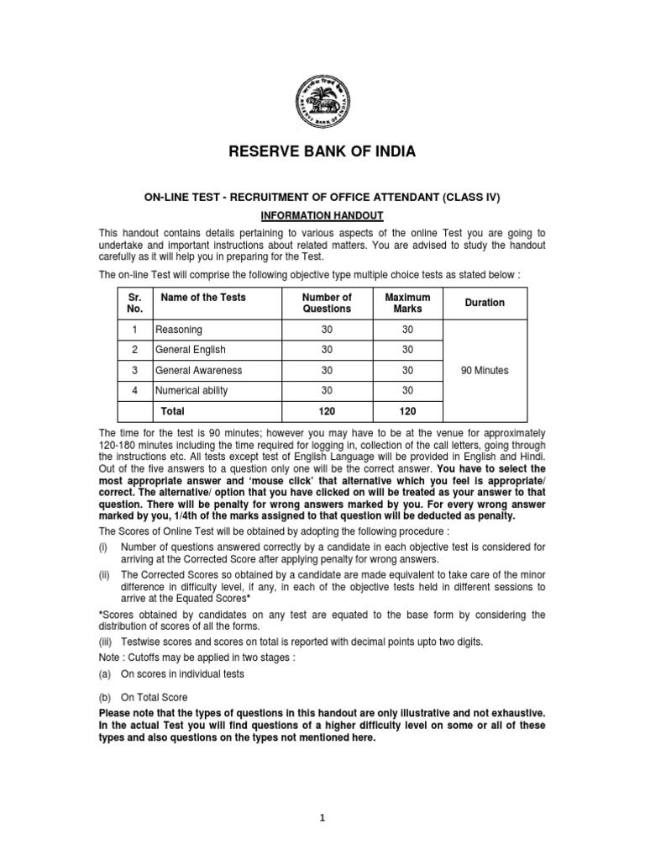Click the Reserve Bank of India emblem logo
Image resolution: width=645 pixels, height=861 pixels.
(322, 100)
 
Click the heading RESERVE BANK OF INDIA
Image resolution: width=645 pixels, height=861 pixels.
(322, 152)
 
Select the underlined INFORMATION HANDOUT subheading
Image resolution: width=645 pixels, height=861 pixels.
(322, 216)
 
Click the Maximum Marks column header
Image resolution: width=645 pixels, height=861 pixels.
(407, 303)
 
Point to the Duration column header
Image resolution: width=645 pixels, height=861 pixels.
(485, 303)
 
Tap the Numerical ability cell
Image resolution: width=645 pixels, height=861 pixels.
(191, 390)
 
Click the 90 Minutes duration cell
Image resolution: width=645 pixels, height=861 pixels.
(485, 370)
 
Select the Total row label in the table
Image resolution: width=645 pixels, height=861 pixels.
(172, 411)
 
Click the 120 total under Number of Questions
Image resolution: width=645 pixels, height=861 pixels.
(327, 411)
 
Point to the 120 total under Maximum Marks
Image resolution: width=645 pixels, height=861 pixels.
(407, 411)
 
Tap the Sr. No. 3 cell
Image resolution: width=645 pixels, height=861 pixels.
(134, 370)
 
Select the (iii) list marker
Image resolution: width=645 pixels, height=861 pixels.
(107, 642)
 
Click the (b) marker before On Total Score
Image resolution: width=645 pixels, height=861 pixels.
(106, 697)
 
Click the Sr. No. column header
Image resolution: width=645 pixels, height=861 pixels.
(134, 303)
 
